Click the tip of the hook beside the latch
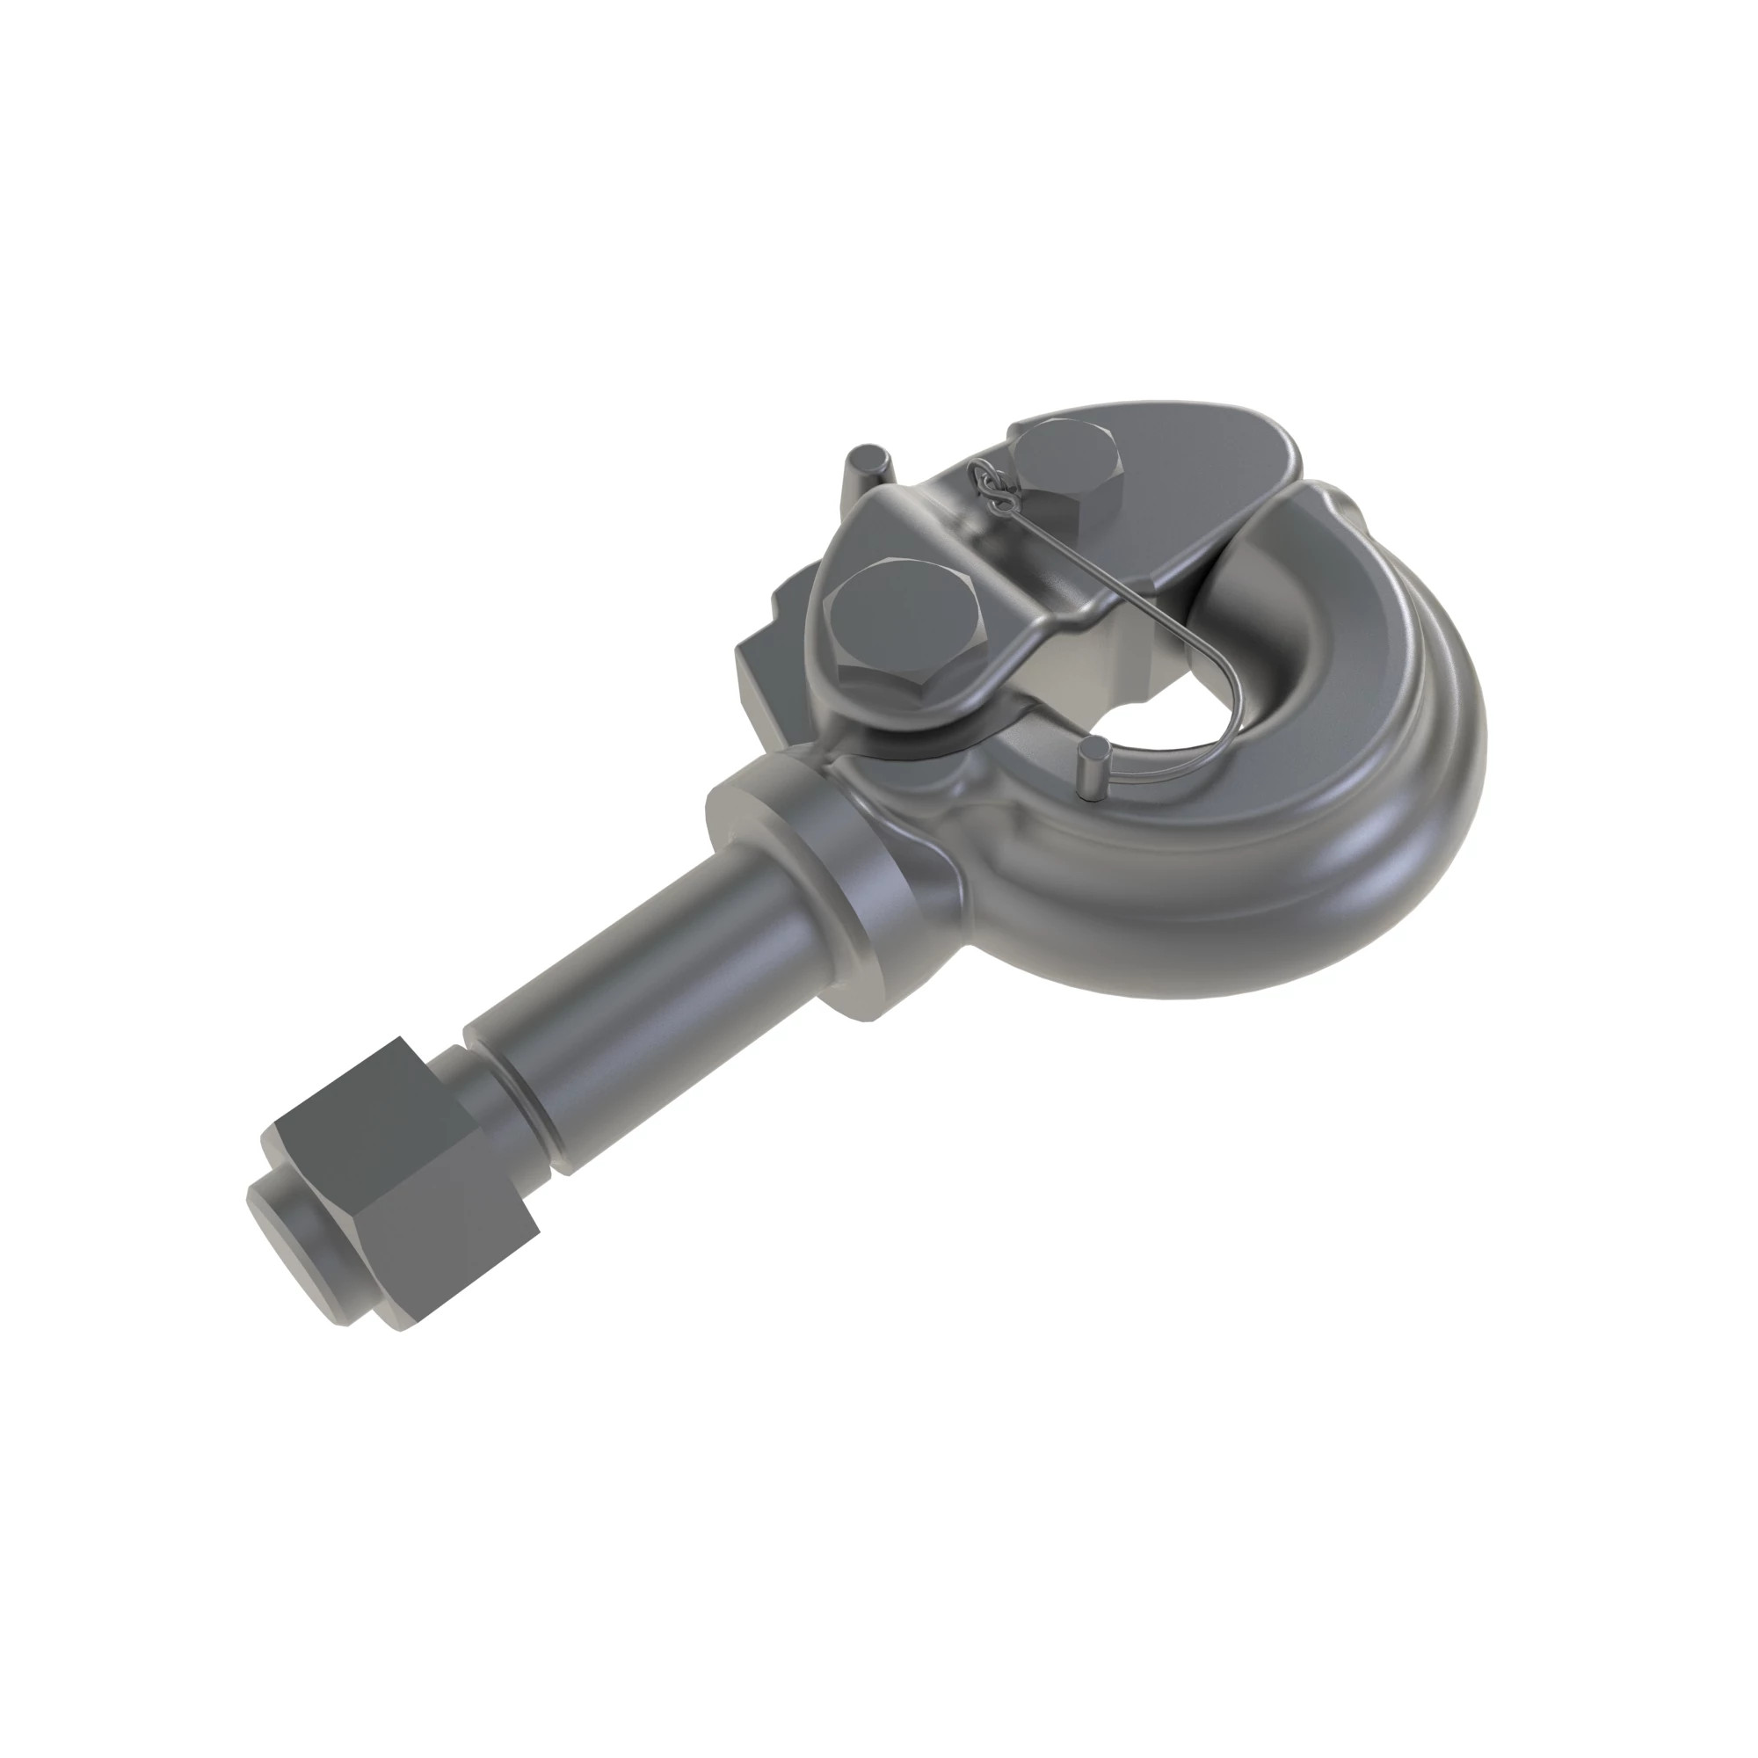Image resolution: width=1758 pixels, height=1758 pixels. click(x=1311, y=519)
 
